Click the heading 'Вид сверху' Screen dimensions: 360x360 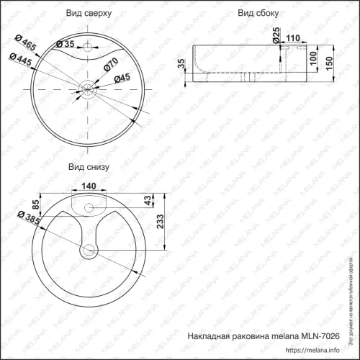pyautogui.click(x=88, y=14)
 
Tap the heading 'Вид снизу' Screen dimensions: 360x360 pyautogui.click(x=88, y=166)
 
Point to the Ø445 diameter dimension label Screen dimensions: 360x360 pyautogui.click(x=21, y=61)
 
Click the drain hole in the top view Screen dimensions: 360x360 pyautogui.click(x=87, y=89)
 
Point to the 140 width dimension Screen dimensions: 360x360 pyautogui.click(x=89, y=186)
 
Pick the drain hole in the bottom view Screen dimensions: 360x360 pyautogui.click(x=89, y=251)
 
